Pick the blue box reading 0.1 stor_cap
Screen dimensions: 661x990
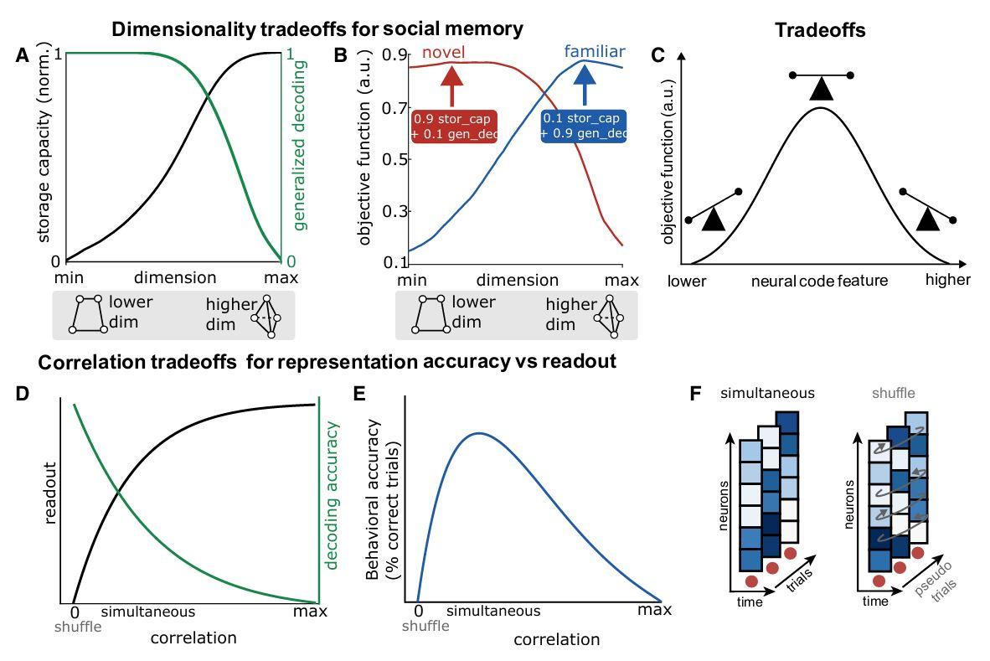[585, 126]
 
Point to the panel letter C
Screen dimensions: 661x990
[658, 56]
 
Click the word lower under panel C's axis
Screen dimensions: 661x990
[687, 281]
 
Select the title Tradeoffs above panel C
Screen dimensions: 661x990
[820, 30]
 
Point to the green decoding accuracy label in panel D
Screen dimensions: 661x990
[332, 495]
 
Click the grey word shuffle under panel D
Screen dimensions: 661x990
[77, 627]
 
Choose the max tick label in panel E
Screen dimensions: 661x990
[655, 610]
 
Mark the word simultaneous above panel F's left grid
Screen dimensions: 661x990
[767, 392]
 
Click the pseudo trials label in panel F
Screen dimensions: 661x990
[936, 601]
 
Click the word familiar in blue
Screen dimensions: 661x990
[594, 52]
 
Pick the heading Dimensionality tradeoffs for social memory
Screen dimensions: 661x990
[317, 28]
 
